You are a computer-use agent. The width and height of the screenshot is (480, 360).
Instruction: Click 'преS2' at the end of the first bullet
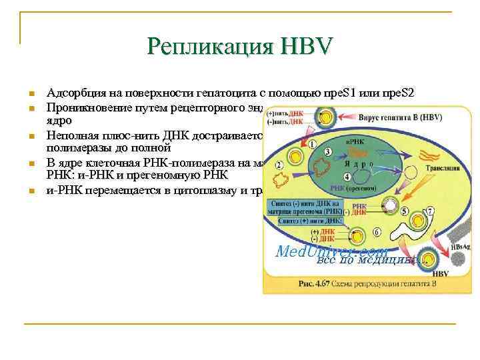coord(399,93)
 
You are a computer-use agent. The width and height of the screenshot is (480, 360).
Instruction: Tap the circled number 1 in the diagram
coord(311,144)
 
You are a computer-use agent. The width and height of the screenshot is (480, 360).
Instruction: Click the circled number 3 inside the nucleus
coord(328,153)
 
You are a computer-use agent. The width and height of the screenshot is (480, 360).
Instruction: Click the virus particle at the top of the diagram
coord(325,117)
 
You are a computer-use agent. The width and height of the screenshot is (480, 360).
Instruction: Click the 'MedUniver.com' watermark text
coord(331,251)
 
